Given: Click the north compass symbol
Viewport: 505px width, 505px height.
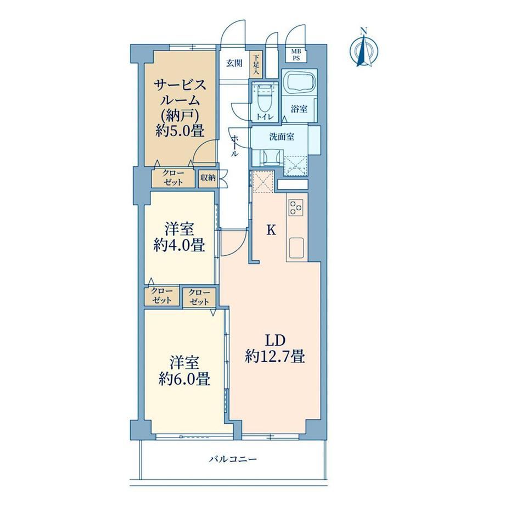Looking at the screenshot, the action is pos(364,48).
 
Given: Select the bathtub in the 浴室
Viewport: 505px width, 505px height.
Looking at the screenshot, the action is pos(299,82).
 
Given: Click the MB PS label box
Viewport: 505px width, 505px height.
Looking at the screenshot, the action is pos(296,55).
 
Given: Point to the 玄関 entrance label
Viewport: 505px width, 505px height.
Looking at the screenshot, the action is pos(234,63).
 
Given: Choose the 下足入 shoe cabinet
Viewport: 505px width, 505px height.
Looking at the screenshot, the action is pos(256,64).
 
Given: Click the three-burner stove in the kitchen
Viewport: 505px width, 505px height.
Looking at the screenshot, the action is pos(296,207).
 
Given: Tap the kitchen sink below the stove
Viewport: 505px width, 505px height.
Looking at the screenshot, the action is pos(296,248).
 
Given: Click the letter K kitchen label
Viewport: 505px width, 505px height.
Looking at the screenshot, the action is pos(271,230).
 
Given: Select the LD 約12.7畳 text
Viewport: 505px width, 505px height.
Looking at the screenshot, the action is pos(274,349).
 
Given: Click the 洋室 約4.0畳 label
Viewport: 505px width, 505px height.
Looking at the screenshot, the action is pos(179,237).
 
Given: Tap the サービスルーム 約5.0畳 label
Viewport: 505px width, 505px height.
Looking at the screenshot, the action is pos(179,108).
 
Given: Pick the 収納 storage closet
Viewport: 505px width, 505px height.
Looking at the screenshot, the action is pos(207,178).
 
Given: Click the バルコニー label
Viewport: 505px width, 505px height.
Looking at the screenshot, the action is pos(233,459).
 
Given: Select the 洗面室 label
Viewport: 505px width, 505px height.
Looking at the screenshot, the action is pos(282,137).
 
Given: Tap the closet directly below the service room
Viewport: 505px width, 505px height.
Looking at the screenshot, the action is pos(173,178).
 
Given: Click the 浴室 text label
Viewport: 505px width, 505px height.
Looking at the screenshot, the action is pos(299,109).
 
